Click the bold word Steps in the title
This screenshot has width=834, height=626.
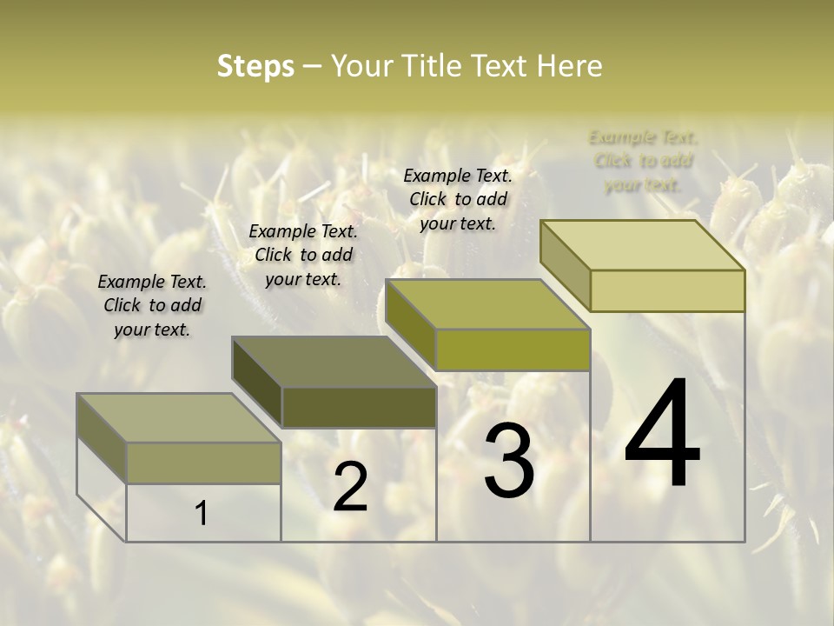click(x=255, y=66)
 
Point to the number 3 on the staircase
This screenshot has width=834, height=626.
click(x=509, y=461)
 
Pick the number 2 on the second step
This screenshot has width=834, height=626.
click(x=350, y=487)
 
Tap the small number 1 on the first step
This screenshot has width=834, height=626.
click(x=202, y=514)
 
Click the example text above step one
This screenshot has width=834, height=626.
click(x=152, y=305)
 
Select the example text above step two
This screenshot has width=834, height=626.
click(x=303, y=255)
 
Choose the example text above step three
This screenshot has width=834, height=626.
click(x=458, y=199)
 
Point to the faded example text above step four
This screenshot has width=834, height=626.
click(x=643, y=161)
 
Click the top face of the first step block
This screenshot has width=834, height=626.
click(x=178, y=417)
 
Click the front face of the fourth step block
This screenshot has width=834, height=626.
click(x=667, y=290)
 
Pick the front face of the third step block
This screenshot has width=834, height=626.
click(x=513, y=350)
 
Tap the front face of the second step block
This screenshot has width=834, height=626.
click(x=359, y=407)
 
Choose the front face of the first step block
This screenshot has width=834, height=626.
click(x=204, y=463)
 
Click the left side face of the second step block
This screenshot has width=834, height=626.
click(x=257, y=383)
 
